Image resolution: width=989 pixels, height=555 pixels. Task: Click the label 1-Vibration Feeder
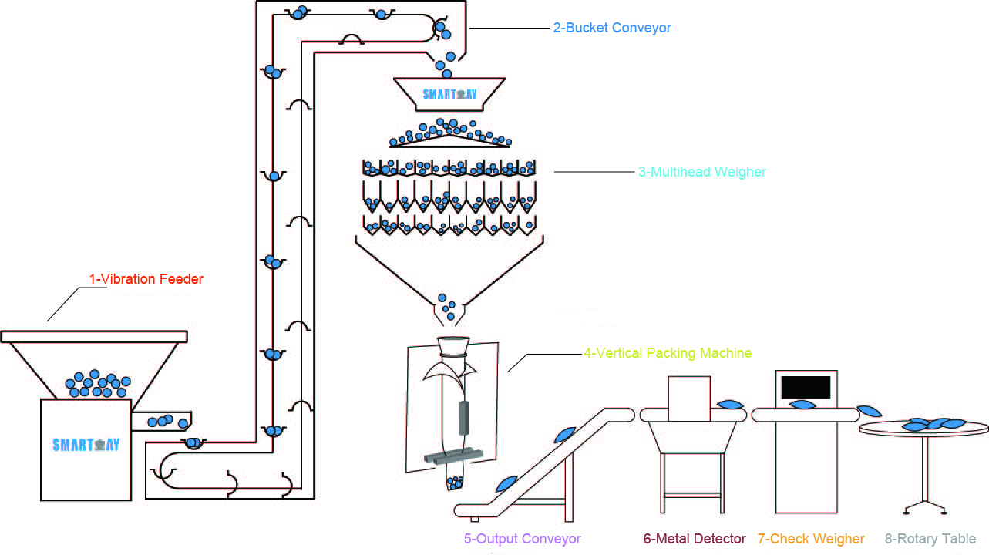point(146,279)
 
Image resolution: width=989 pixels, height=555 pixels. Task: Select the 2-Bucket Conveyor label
point(612,28)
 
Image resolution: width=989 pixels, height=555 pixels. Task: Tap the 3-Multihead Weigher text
point(702,172)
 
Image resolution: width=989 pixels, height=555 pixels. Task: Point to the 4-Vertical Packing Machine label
point(667,353)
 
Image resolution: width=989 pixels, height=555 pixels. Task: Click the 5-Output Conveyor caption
point(522,539)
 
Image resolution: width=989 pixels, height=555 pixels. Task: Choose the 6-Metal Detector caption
point(695,539)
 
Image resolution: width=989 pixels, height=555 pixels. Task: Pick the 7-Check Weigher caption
point(811,539)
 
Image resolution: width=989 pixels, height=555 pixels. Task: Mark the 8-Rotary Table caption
point(930,539)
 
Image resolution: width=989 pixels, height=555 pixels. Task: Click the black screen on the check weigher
point(806,387)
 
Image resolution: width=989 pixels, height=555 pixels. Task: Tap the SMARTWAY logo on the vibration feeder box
point(86,445)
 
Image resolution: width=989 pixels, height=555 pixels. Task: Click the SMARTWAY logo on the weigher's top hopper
point(449,95)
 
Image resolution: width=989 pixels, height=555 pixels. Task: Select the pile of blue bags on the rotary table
point(933,424)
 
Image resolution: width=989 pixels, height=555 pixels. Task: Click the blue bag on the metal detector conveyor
point(728,404)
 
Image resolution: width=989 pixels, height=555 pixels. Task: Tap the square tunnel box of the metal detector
point(688,399)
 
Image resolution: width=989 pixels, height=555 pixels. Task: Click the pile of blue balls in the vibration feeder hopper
point(96,384)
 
